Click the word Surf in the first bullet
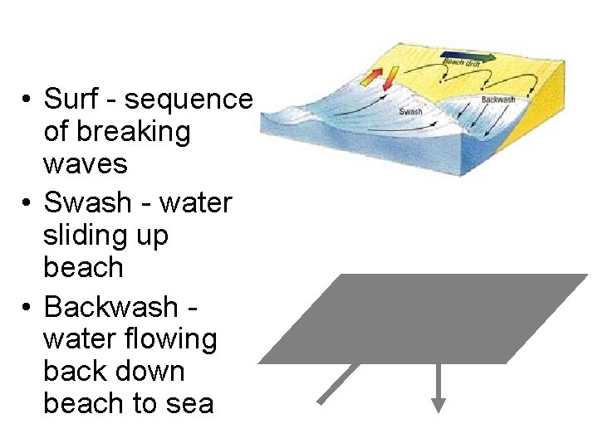pyautogui.click(x=70, y=100)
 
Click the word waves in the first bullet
pyautogui.click(x=85, y=163)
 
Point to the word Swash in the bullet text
pyautogui.click(x=87, y=202)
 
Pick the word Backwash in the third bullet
pyautogui.click(x=110, y=307)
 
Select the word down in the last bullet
pyautogui.click(x=163, y=372)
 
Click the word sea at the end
pyautogui.click(x=190, y=404)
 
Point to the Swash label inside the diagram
pyautogui.click(x=411, y=112)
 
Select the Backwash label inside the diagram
pyautogui.click(x=498, y=100)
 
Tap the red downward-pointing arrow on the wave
pyautogui.click(x=372, y=78)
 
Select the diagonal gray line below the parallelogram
pyautogui.click(x=338, y=383)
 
